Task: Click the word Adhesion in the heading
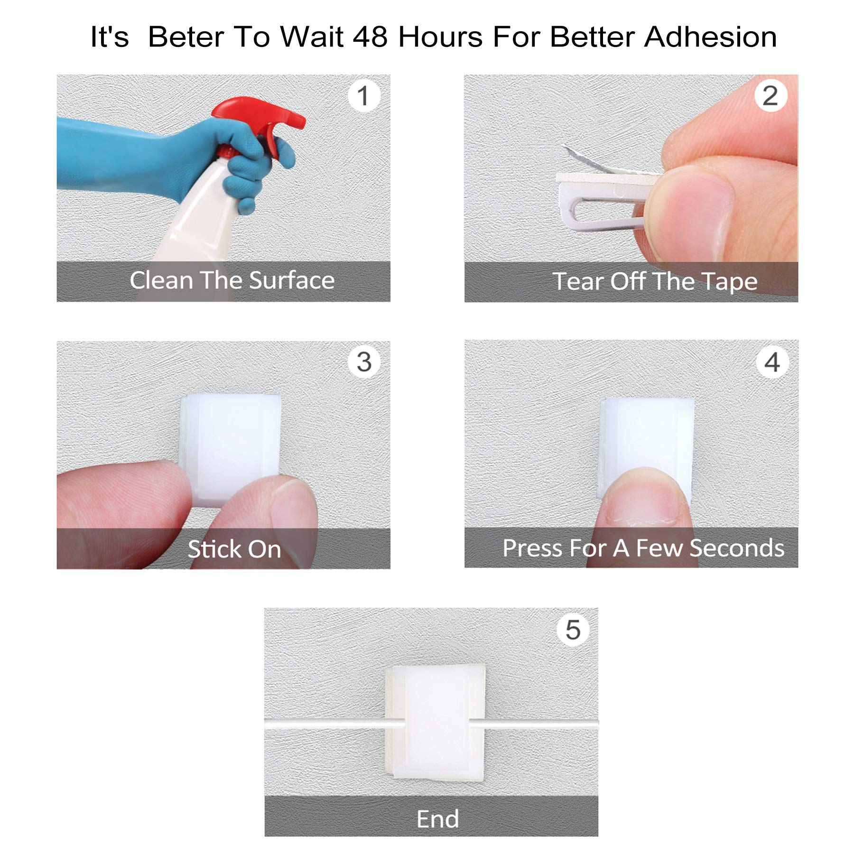coord(710,37)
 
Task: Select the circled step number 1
coord(363,96)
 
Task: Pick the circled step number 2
coord(770,96)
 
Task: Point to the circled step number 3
coord(364,362)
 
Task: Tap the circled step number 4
coord(772,362)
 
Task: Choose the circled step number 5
coord(573,630)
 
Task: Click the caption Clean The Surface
coord(232,280)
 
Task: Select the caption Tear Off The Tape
coord(655,281)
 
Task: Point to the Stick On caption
coord(234,549)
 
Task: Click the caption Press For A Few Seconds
coord(643,548)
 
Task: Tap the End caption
coord(437,819)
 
